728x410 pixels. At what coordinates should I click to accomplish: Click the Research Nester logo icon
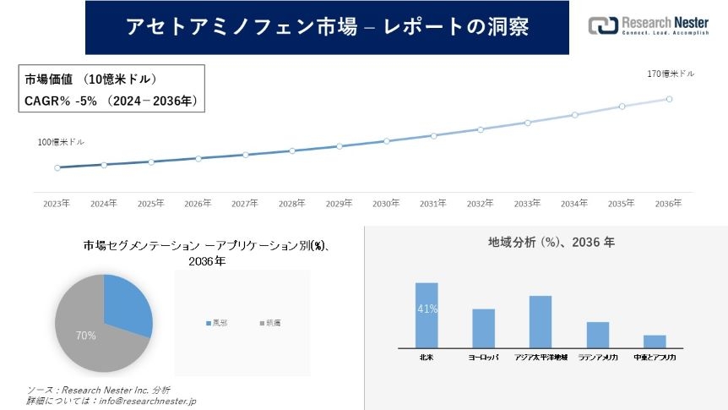coord(604,25)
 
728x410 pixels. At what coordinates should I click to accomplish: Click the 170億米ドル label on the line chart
coord(671,74)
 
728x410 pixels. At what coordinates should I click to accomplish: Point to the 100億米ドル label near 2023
coord(61,143)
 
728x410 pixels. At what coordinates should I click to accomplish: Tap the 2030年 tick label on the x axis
coord(386,204)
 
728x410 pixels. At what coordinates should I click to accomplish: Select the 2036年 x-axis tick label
coord(668,204)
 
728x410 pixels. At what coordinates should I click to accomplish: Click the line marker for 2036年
coord(669,99)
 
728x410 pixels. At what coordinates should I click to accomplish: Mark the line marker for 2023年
coord(57,167)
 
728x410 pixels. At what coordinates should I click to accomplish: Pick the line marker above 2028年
coord(292,150)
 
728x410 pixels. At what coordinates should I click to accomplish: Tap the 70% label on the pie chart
coord(85,336)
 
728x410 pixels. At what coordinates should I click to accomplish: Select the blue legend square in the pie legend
coord(208,323)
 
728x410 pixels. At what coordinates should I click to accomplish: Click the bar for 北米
coord(426,314)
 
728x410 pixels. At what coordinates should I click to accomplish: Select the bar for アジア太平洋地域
coord(540,321)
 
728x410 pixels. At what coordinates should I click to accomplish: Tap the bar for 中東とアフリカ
coord(655,341)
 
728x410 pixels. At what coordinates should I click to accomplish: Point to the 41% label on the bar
coord(426,309)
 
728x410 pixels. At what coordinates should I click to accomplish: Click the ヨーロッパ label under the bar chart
coord(483,358)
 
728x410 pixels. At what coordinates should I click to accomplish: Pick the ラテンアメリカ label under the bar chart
coord(598,358)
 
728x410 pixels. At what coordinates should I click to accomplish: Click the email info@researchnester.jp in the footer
coord(149,400)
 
